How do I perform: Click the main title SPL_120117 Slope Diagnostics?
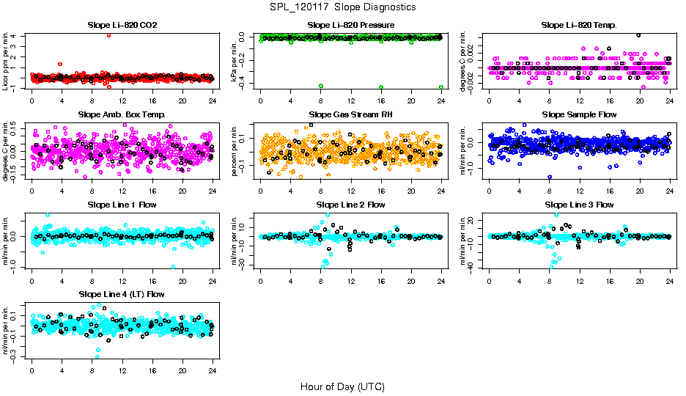coord(342,7)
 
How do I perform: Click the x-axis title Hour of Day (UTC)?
coord(342,386)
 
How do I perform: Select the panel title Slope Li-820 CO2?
coord(122,26)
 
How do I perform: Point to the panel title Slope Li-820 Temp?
coord(579,26)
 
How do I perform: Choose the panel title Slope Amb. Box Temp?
coord(122,115)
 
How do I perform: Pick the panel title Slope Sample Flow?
coord(579,115)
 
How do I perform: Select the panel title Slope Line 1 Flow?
coord(122,205)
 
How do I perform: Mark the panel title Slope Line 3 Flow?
coord(579,205)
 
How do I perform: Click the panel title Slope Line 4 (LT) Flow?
coord(122,294)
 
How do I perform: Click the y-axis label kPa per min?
coord(235,60)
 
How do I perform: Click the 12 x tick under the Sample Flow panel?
coord(580,191)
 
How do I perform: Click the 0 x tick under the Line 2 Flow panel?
coord(261,281)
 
